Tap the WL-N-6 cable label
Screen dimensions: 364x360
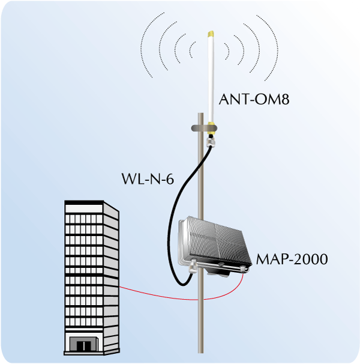click(x=148, y=178)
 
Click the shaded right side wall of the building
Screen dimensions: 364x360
click(x=112, y=276)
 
